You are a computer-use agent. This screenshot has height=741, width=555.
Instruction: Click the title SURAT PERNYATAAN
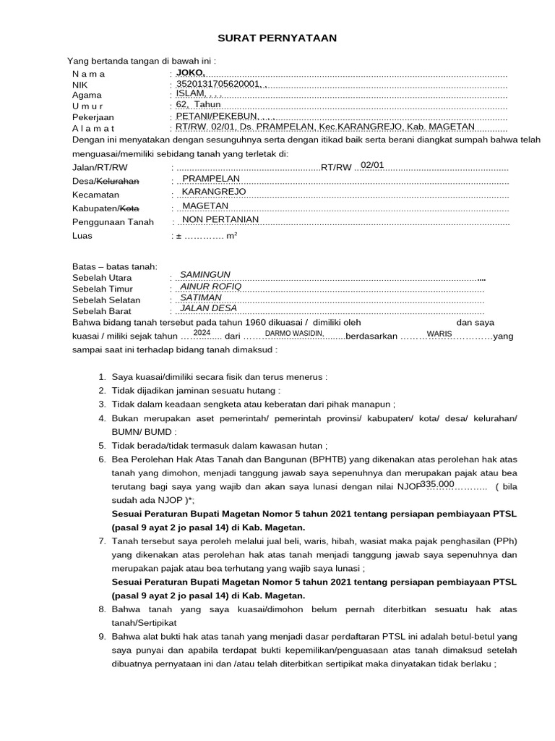coord(277,38)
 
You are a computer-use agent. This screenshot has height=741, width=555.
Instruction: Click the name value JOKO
coord(190,73)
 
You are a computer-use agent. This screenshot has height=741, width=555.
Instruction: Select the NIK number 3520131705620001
coord(214,84)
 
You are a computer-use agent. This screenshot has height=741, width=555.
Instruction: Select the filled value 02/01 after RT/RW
coord(372,165)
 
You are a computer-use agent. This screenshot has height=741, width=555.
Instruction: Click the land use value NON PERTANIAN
coord(220,220)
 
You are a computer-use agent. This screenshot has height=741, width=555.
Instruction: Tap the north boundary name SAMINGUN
coord(205,275)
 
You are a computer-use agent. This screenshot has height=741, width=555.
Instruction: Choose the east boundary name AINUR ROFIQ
coord(210,286)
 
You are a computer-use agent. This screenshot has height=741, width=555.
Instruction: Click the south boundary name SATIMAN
coord(201,297)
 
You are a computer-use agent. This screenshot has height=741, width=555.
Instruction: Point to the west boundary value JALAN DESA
coord(208,308)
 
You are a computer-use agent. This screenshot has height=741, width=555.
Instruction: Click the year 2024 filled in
coord(202,332)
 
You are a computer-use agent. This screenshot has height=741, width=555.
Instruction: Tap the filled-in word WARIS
coord(439,334)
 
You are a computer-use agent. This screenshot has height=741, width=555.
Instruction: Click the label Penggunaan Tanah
coord(113,222)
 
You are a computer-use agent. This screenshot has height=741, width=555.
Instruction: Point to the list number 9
coord(102,637)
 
